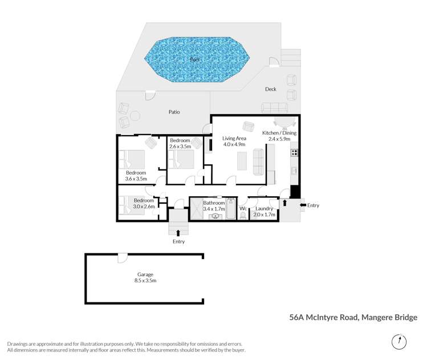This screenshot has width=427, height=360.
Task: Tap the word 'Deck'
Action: coord(270,89)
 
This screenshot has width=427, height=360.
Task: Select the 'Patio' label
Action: coord(174,112)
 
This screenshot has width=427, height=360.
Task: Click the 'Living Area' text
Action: coord(234,138)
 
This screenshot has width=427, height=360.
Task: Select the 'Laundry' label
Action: coord(265,208)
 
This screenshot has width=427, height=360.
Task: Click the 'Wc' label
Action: coord(242,208)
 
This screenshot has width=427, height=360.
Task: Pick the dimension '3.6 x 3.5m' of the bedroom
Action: coord(136,179)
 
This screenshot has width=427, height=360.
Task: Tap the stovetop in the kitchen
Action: coord(294,152)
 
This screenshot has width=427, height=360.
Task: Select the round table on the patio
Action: coord(135,116)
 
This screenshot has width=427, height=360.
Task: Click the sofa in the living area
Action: coord(258,161)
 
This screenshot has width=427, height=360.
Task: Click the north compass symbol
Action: coord(400,342)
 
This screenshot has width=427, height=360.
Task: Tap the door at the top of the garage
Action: coord(122,258)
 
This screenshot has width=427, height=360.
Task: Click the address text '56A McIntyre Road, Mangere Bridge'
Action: coord(353,317)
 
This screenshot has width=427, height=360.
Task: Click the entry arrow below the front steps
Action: coord(179,232)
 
